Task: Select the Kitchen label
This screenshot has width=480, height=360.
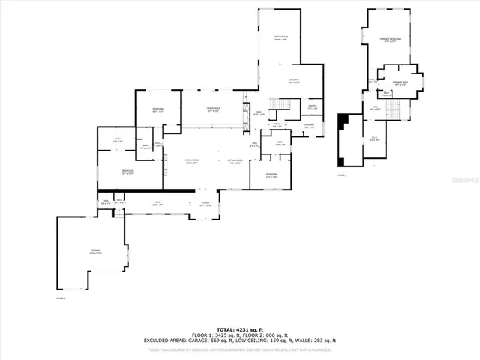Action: tap(295, 81)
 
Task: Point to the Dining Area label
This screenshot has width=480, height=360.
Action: tap(213, 109)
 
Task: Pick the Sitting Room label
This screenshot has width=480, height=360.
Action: tap(234, 161)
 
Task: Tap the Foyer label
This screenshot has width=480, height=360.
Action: tap(205, 204)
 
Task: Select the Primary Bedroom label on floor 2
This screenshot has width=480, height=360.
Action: tap(390, 39)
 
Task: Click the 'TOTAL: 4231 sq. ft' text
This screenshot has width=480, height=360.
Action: tap(239, 329)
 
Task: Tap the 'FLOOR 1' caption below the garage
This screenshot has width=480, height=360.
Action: tap(61, 298)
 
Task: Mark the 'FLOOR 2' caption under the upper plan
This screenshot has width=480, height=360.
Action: tap(342, 175)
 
